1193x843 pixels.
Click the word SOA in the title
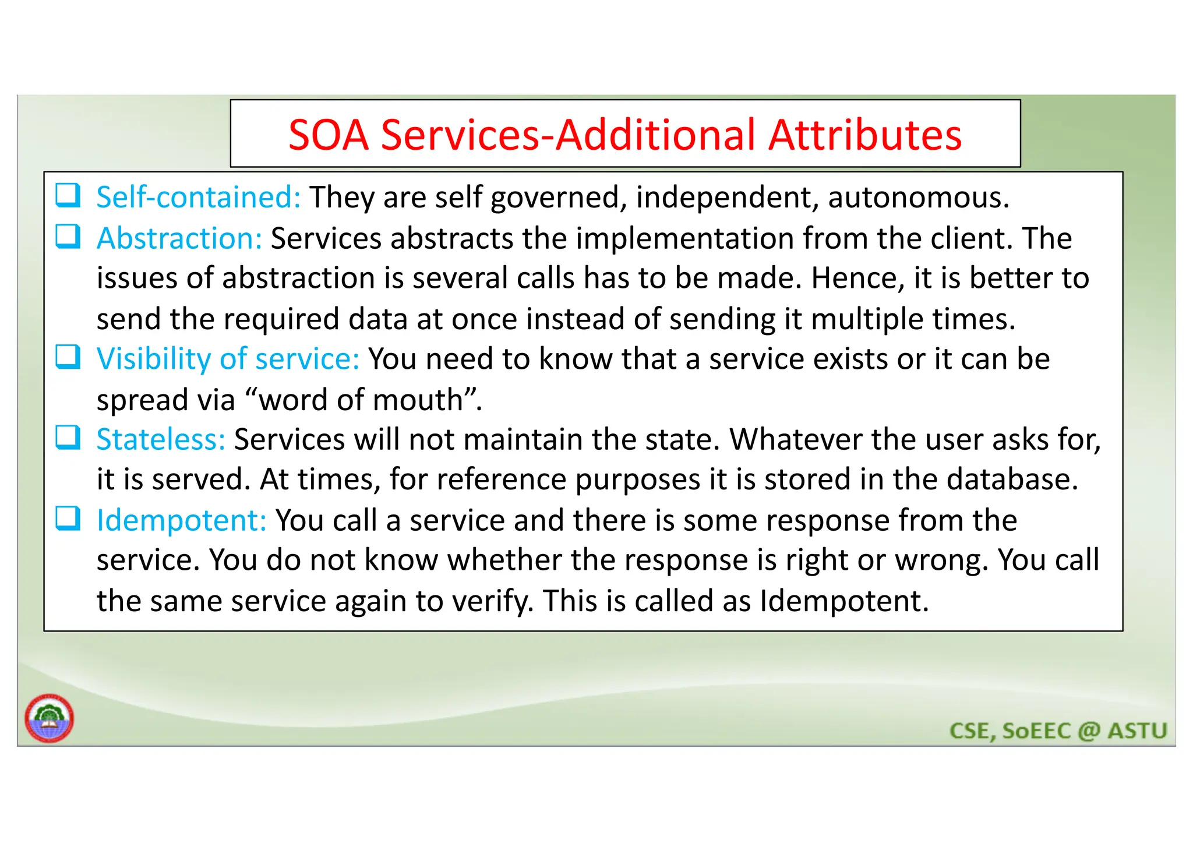point(329,135)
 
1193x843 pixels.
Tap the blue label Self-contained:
point(199,197)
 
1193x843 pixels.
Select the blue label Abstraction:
point(179,238)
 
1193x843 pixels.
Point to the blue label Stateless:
point(161,439)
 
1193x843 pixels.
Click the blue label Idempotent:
point(182,520)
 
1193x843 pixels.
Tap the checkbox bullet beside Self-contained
point(68,195)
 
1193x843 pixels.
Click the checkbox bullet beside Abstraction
point(68,236)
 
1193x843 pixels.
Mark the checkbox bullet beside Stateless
point(68,437)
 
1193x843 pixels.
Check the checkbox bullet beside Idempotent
point(68,517)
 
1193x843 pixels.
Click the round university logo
point(50,718)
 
